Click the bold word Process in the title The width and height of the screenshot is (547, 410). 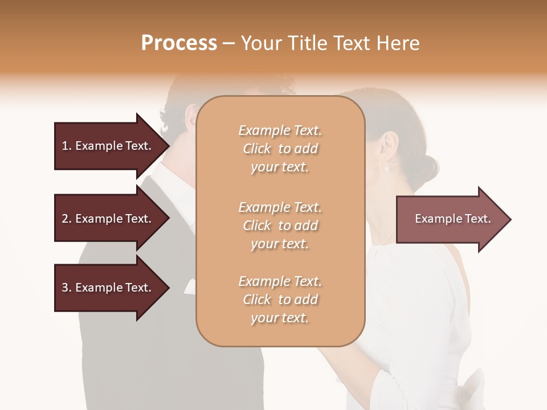(x=179, y=43)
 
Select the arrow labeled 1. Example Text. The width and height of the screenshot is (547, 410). (x=108, y=146)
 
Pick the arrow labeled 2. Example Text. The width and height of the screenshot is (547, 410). (x=108, y=219)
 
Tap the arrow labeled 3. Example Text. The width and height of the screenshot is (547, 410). (x=108, y=288)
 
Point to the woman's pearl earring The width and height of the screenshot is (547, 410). (x=387, y=167)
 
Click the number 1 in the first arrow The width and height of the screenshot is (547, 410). (x=65, y=146)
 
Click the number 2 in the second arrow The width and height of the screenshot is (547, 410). (x=65, y=219)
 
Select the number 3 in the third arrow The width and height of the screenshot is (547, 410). (x=65, y=288)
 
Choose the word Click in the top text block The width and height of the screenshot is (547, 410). (x=257, y=149)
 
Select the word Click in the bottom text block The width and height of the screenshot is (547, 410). (x=257, y=300)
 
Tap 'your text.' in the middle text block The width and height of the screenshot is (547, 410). (x=280, y=244)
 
